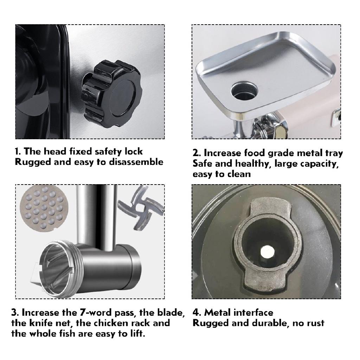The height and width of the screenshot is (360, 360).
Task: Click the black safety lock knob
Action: point(111,94)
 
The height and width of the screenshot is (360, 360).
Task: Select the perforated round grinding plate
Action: point(42,208)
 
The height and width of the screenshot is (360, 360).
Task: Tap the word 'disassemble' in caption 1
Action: point(136,162)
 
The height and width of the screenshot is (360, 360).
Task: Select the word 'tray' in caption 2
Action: point(334,153)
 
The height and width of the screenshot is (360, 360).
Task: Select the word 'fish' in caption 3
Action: point(67,334)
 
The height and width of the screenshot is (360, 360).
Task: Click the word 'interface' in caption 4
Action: point(252,313)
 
